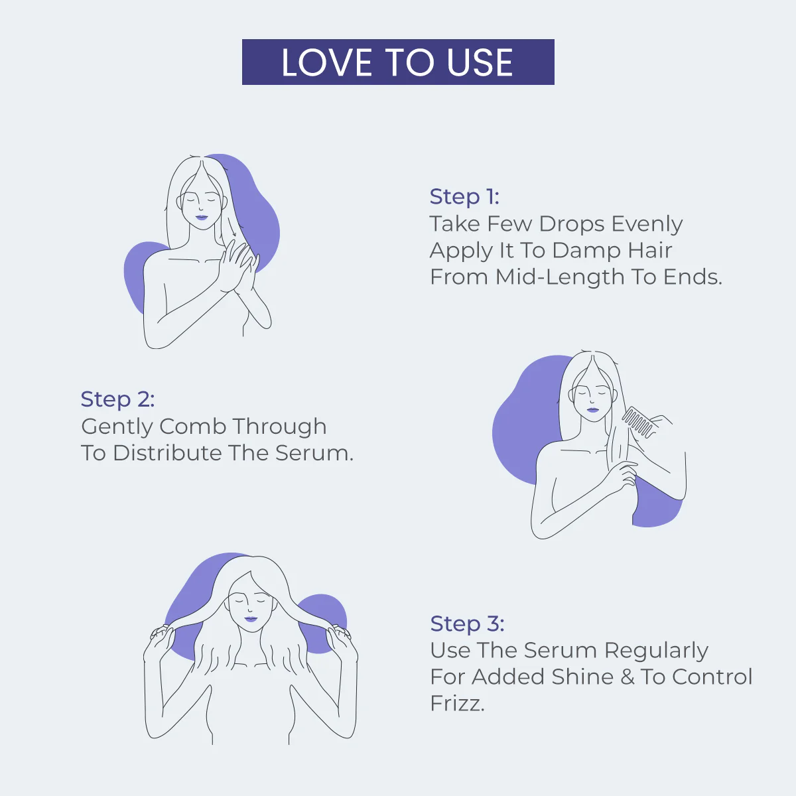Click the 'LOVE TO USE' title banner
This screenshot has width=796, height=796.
398,62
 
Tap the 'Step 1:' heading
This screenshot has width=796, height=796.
464,197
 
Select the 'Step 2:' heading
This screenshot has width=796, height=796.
117,399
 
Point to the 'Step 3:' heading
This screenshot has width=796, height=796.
467,624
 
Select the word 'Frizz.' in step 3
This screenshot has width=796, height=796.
457,703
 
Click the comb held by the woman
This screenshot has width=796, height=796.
638,423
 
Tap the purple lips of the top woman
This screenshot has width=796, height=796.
201,217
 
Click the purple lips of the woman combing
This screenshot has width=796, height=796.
592,409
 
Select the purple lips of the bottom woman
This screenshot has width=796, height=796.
251,619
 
